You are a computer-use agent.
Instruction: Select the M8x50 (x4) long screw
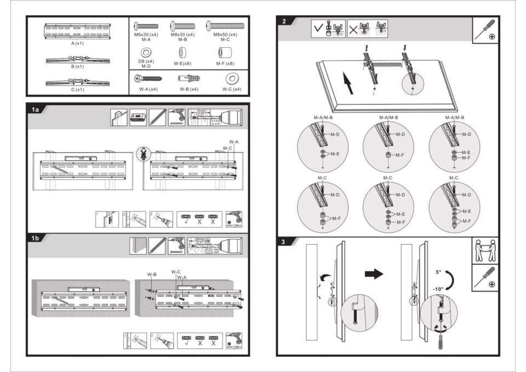point(225,26)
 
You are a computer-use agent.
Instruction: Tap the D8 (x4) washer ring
point(146,53)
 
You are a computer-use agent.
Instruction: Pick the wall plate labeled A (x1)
point(77,31)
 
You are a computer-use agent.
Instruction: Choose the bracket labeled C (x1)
point(77,83)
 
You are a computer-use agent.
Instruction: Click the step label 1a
point(36,110)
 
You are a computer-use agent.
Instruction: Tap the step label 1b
point(36,238)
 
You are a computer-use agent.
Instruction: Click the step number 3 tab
point(283,242)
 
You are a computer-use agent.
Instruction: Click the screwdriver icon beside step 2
point(485,31)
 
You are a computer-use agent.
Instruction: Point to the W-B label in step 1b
point(152,273)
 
